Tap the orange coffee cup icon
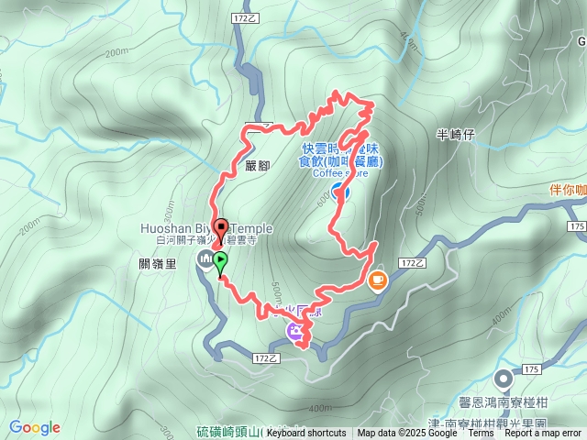coord(377,280)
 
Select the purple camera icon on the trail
coord(295,332)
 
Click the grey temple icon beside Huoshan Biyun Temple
coord(204,261)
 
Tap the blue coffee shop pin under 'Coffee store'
coord(339,191)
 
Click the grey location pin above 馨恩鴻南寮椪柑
coord(504,379)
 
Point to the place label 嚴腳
coord(258,166)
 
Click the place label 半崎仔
coord(455,135)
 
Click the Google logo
coord(35,427)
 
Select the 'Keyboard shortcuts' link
coord(306,434)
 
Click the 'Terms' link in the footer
coord(481,434)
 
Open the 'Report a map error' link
coord(542,434)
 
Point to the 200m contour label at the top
coord(116,54)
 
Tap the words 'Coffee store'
coord(340,172)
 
